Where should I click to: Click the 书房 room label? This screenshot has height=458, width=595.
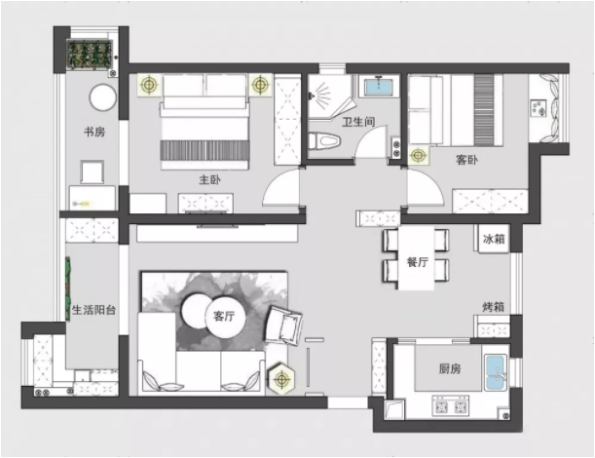(94, 132)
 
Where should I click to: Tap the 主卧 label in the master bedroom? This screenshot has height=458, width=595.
(209, 179)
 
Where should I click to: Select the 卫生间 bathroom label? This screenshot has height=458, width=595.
(358, 122)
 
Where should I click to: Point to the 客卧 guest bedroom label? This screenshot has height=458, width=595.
(466, 160)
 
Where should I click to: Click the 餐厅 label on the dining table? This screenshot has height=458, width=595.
(418, 262)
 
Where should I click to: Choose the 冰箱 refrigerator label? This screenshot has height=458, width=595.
(494, 239)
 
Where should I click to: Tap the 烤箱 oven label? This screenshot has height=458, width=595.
(494, 307)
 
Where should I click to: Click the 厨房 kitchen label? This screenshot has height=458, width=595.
(450, 368)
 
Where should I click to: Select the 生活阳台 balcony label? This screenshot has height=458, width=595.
(93, 310)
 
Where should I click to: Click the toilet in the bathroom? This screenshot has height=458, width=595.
(324, 141)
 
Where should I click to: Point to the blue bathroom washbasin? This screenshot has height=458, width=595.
(378, 87)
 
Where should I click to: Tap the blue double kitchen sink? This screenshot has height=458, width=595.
(496, 373)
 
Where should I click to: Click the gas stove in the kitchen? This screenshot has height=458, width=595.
(451, 407)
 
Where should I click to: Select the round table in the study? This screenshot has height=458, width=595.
(102, 97)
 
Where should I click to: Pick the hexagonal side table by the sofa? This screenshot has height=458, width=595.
(281, 379)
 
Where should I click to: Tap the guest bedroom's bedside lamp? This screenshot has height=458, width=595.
(418, 155)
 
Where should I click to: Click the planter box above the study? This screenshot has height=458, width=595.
(90, 55)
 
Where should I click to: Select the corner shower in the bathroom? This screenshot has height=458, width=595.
(328, 96)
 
